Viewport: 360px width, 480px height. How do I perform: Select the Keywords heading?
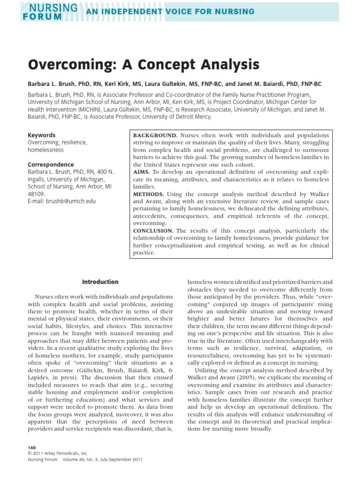(x=41, y=135)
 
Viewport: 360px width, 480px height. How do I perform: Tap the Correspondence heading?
(x=50, y=165)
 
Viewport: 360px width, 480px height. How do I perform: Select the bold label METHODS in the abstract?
(x=149, y=194)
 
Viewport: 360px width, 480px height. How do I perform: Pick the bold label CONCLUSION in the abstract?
(x=153, y=231)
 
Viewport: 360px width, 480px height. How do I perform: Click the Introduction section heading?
(x=100, y=282)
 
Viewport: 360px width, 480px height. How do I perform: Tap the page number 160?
(x=32, y=448)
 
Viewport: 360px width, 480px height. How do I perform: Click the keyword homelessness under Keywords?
(x=45, y=150)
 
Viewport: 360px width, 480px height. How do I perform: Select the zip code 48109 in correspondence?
(x=36, y=194)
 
